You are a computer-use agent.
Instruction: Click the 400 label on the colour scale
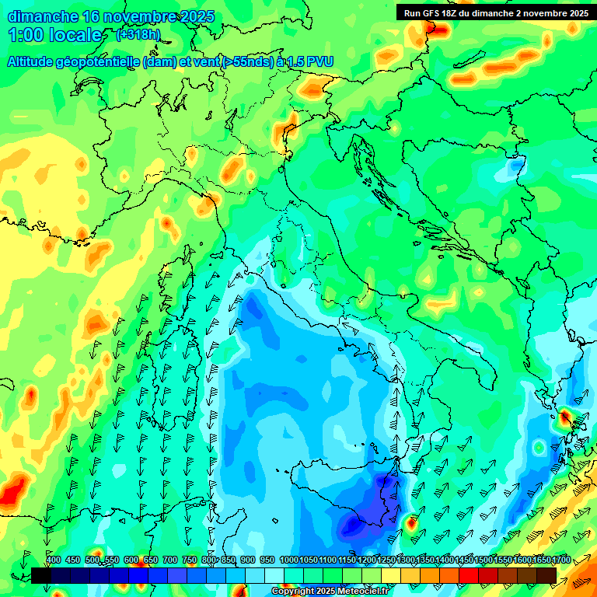[x=54, y=560]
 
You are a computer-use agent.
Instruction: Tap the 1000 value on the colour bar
[x=289, y=560]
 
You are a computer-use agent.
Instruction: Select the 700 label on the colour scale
[x=170, y=560]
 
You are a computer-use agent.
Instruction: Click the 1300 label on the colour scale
[x=406, y=560]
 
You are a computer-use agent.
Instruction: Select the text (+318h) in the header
[x=138, y=34]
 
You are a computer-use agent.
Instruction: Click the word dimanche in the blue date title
[x=43, y=16]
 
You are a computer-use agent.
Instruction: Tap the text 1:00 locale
[x=55, y=35]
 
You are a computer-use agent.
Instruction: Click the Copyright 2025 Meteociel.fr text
[x=330, y=592]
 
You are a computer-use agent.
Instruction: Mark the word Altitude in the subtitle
[x=33, y=61]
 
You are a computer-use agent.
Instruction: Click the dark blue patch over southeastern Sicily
[x=354, y=526]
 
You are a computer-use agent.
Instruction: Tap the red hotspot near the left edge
[x=11, y=492]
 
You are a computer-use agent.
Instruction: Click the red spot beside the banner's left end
[x=438, y=30]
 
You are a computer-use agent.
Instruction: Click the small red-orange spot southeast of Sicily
[x=412, y=522]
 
